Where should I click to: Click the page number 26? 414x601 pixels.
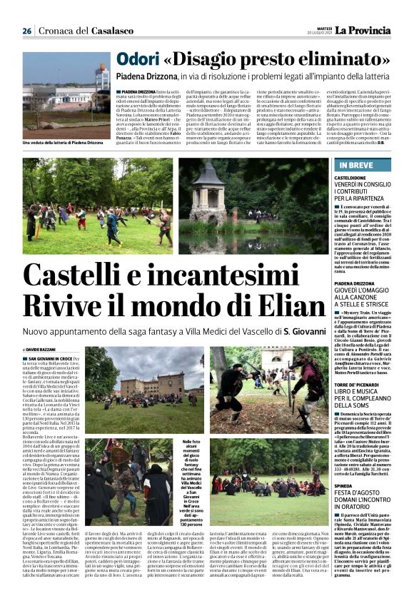[x=27, y=31]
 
